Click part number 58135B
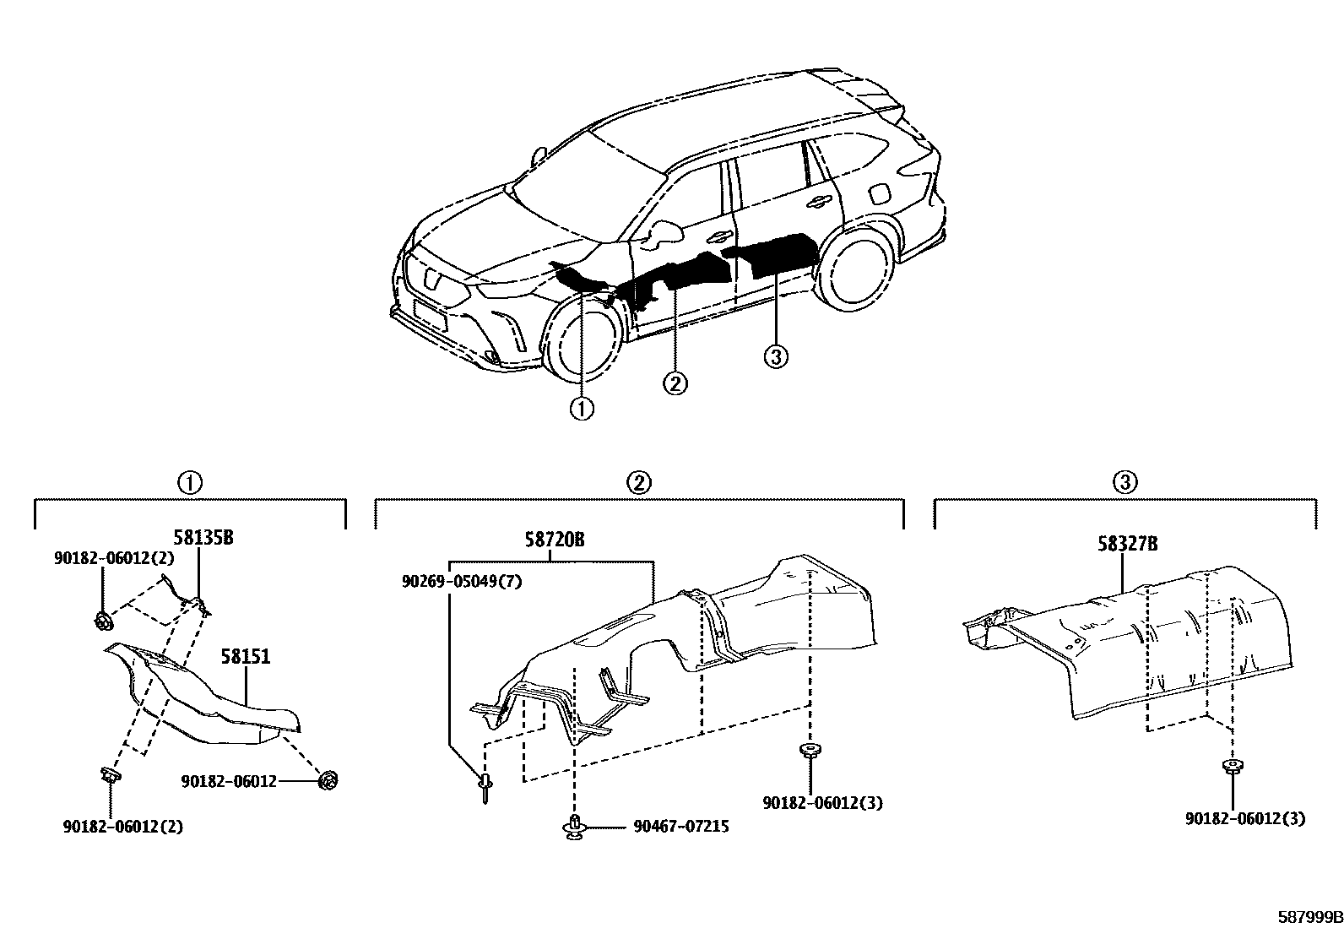(x=203, y=538)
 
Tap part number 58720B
(x=554, y=540)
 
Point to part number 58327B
(x=1128, y=545)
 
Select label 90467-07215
(x=681, y=827)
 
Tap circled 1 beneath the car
(x=582, y=409)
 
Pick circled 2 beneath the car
(x=675, y=383)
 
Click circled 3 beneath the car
(x=776, y=357)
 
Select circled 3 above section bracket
(x=1125, y=483)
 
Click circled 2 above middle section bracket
(x=639, y=483)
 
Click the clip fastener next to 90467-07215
(x=574, y=828)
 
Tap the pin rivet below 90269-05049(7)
(x=487, y=788)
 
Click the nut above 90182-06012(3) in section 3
(x=1232, y=768)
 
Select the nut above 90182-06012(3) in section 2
(x=810, y=752)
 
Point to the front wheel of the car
(x=582, y=339)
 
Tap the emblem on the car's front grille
(x=431, y=279)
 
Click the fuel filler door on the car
(x=878, y=193)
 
